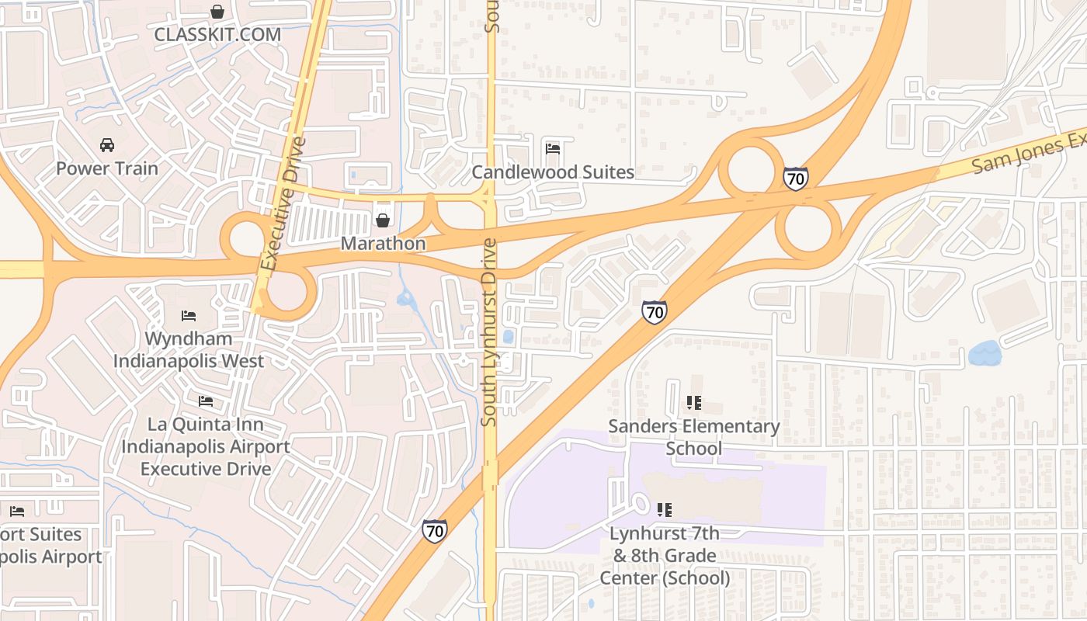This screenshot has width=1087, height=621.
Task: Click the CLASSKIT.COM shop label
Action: coord(217,34)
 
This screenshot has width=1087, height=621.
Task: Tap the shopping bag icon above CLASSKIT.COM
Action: coord(217,12)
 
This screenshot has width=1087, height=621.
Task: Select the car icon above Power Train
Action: coord(106,145)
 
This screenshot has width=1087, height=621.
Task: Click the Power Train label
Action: coord(106,168)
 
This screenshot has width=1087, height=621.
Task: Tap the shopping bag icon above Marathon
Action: coord(382,220)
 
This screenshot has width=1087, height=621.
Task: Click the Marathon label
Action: coord(384,244)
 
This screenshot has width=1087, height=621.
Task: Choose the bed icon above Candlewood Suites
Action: coord(553,148)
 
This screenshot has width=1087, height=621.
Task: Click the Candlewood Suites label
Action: coord(553,172)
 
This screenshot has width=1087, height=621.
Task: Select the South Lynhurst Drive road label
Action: coord(488,332)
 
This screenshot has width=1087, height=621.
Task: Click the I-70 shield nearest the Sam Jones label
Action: coord(795,179)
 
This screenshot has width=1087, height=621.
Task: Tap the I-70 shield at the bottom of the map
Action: coord(435,531)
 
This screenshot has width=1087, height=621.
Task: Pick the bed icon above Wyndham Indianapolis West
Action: coord(189,315)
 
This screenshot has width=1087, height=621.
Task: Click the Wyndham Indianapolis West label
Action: coord(189,350)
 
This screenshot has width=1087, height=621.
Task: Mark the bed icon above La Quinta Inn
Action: coord(206,401)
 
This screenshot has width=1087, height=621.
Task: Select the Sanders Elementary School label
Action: coord(693,437)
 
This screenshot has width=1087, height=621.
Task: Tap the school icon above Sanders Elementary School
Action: coord(693,403)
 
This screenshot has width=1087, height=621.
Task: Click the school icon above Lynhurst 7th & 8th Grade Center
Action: coord(664,510)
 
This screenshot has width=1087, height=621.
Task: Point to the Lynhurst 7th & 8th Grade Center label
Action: coord(665,556)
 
